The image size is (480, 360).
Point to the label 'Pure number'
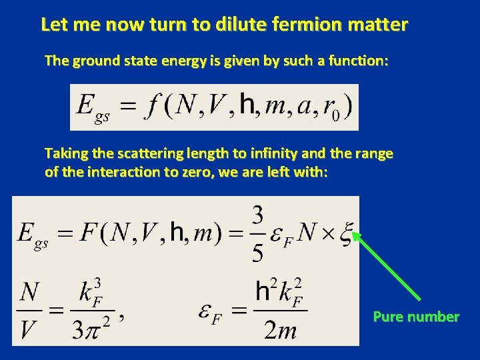(x=416, y=317)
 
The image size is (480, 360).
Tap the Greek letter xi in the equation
(x=345, y=235)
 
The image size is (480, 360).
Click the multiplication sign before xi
(x=324, y=235)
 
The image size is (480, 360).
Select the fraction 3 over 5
(x=258, y=234)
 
